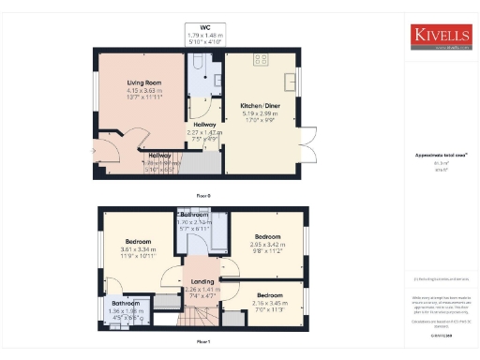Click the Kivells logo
440,36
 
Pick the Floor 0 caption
203,195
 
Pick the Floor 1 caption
203,343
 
